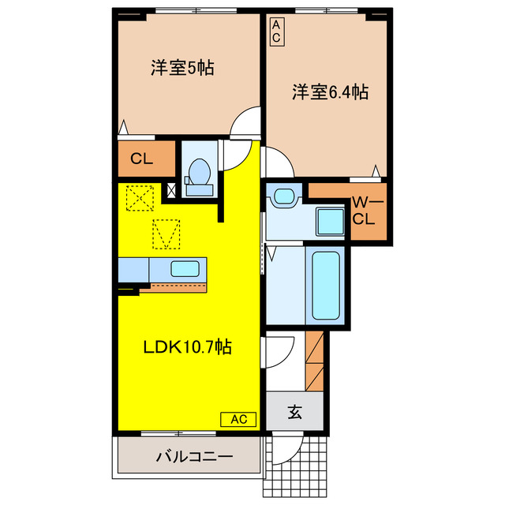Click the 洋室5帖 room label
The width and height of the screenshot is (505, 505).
click(x=183, y=68)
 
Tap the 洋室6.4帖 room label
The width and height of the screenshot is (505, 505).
click(x=330, y=92)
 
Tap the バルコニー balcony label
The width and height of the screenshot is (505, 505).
click(x=193, y=456)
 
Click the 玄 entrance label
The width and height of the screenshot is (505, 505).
click(x=294, y=411)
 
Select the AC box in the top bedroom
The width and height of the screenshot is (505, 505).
click(x=276, y=31)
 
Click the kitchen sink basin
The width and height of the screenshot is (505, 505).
click(x=186, y=268)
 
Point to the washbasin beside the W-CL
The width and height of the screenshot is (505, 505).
click(x=281, y=199)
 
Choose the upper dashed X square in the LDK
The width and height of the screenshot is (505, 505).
click(x=140, y=197)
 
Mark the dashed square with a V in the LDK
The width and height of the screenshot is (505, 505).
click(x=166, y=234)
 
